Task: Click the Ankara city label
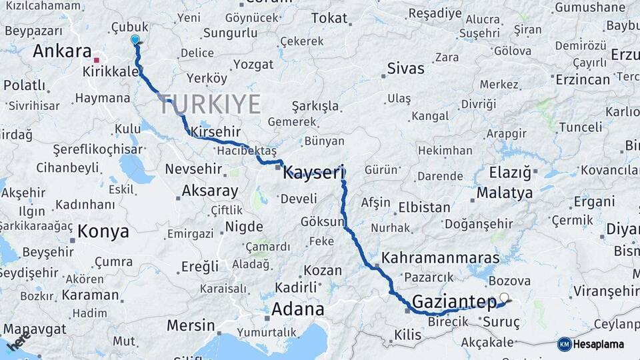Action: [x=62, y=51]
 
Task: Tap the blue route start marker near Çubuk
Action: [x=136, y=40]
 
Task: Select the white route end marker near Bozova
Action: [x=504, y=298]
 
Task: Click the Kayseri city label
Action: [x=313, y=173]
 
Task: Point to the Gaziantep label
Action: [x=454, y=303]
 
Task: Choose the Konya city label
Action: [x=103, y=232]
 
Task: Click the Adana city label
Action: [x=298, y=309]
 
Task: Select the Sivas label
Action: [x=406, y=69]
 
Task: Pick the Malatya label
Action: [x=505, y=193]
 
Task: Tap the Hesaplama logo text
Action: [x=599, y=344]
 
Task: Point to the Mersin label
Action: [x=191, y=327]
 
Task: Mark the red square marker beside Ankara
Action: [x=97, y=60]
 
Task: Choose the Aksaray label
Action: [x=210, y=191]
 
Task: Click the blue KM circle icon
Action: [x=565, y=344]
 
